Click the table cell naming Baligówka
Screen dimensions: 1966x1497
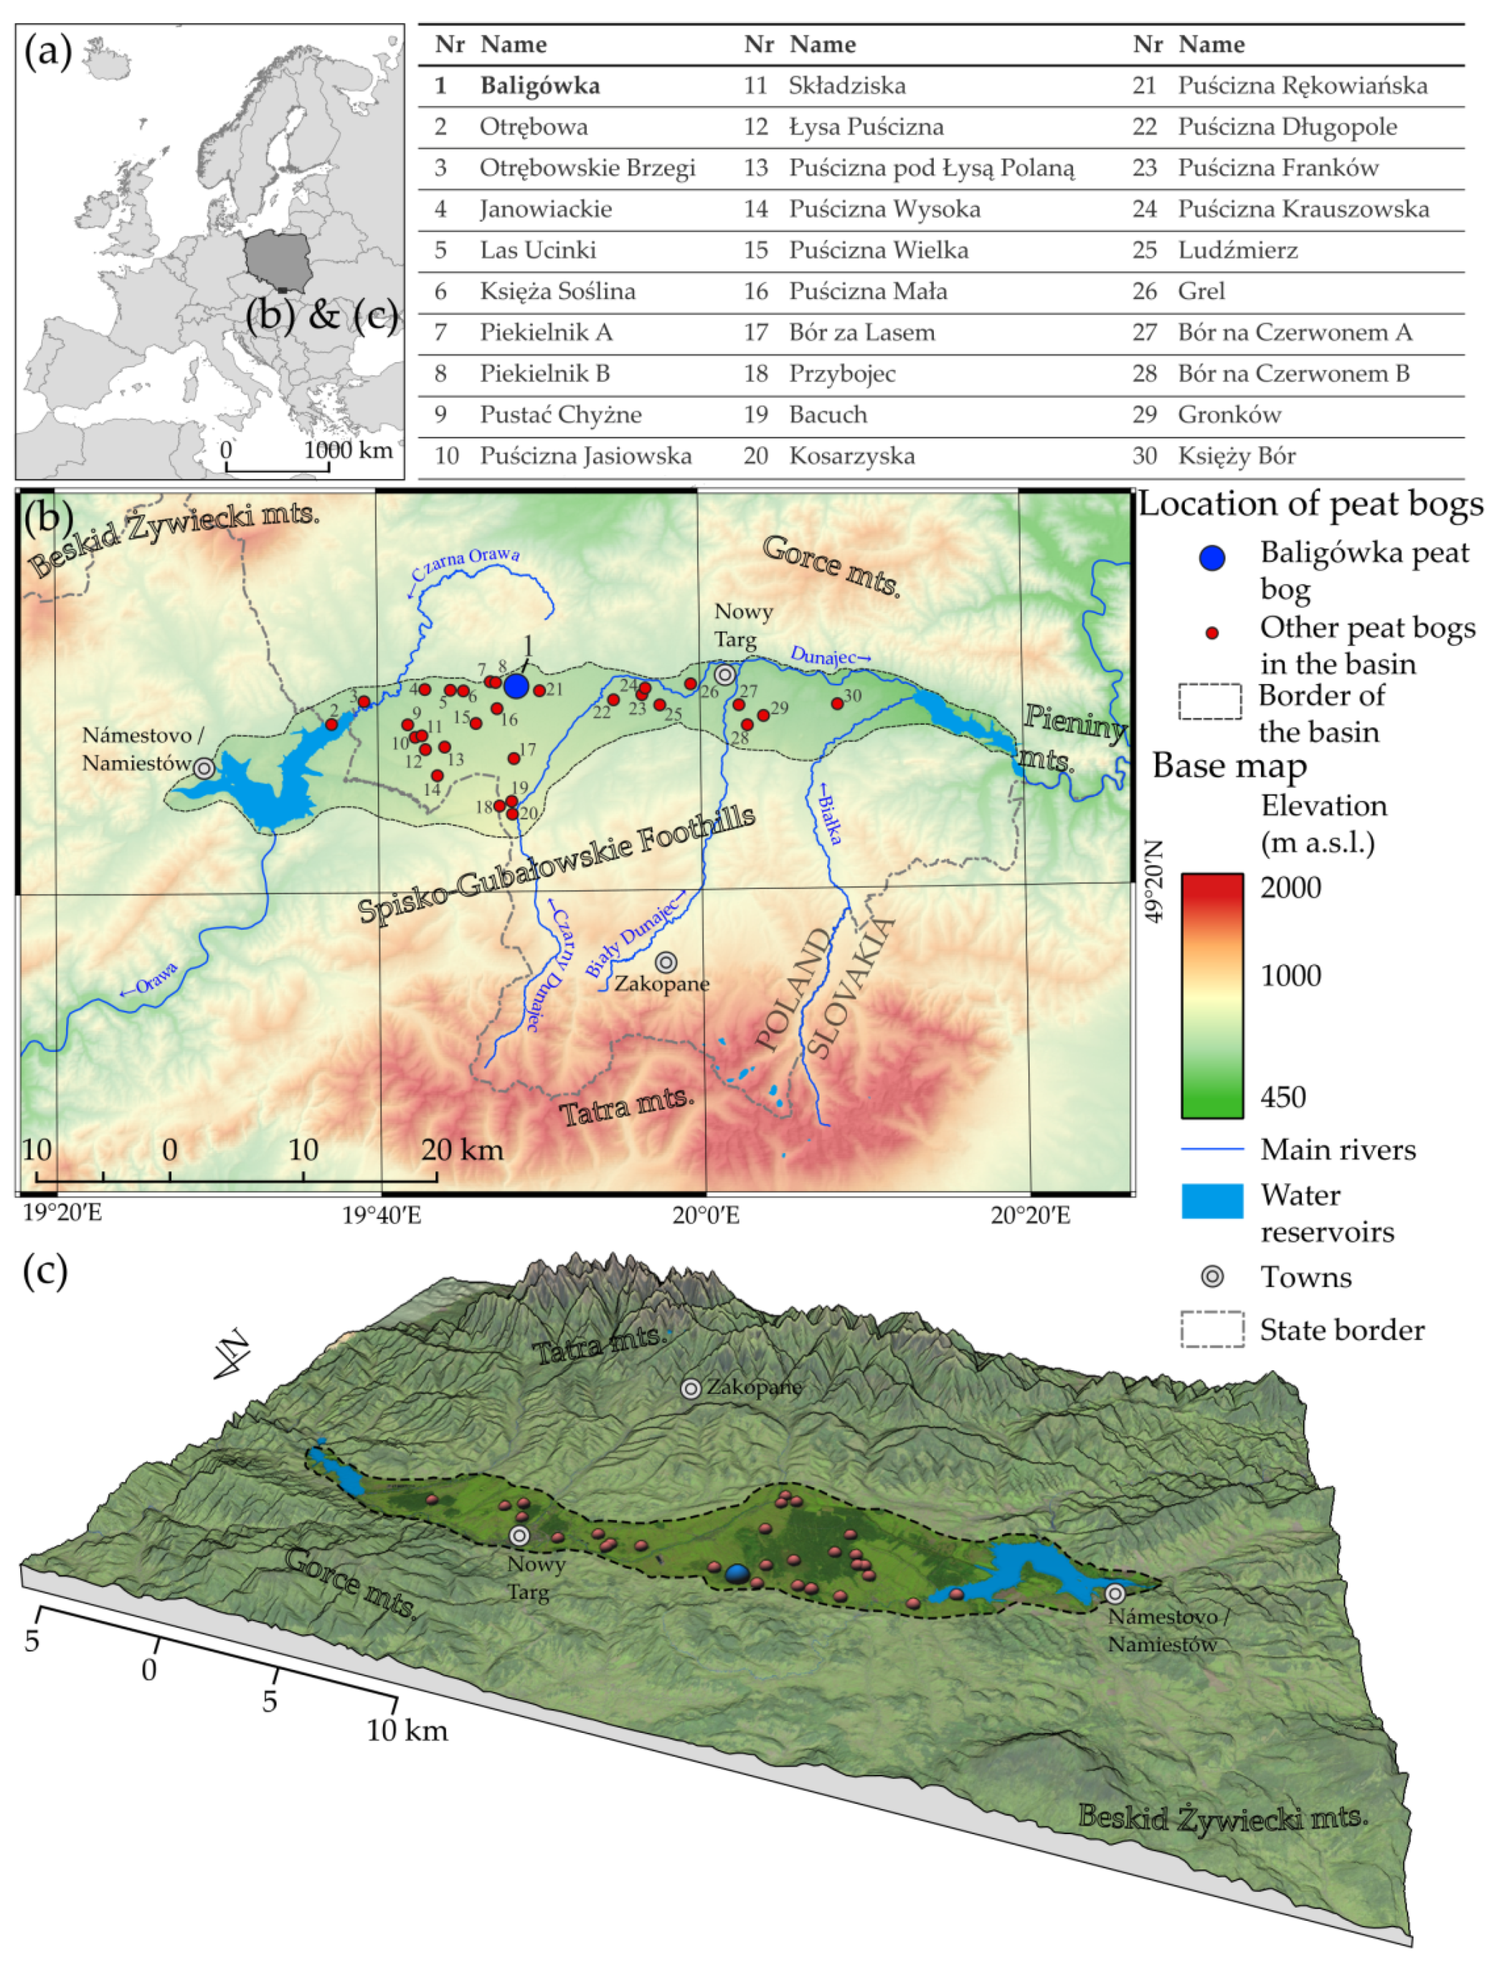coord(540,86)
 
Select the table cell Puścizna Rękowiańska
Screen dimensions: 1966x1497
coord(1302,86)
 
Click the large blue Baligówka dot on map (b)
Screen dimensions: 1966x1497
coord(516,686)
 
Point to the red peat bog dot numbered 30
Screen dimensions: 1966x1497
coord(837,704)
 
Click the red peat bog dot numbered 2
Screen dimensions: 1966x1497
coord(331,724)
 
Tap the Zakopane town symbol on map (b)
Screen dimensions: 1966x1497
coord(666,962)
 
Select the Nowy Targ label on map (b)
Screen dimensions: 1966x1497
coord(743,626)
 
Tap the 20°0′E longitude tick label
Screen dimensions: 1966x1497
coord(706,1214)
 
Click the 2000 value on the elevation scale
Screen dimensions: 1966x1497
coord(1289,887)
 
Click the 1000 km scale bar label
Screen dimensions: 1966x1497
coord(347,450)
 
